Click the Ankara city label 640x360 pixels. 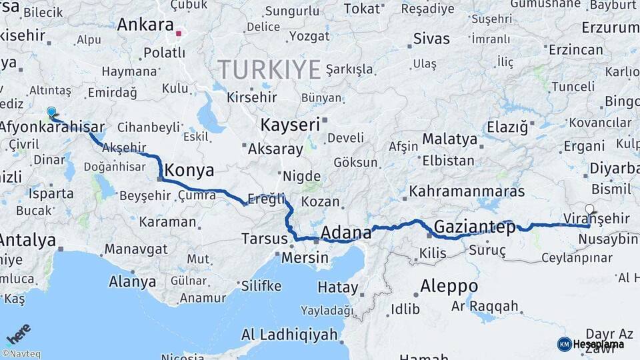[x=145, y=25]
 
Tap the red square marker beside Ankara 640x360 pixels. [x=179, y=31]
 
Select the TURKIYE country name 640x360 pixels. [x=269, y=69]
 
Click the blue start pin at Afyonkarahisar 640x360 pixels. [x=51, y=112]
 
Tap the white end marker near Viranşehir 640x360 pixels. [x=589, y=209]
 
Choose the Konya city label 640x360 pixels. [x=189, y=170]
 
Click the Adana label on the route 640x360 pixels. [x=346, y=233]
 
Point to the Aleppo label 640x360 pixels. [x=449, y=286]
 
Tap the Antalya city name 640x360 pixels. [x=27, y=240]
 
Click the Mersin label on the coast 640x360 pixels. [x=305, y=257]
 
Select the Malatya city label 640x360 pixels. [x=450, y=140]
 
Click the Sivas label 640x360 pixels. [x=431, y=38]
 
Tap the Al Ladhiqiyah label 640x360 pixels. [x=289, y=335]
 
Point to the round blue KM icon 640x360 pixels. [x=564, y=344]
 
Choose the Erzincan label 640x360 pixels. [x=577, y=50]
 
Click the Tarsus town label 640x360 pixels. [x=264, y=238]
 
